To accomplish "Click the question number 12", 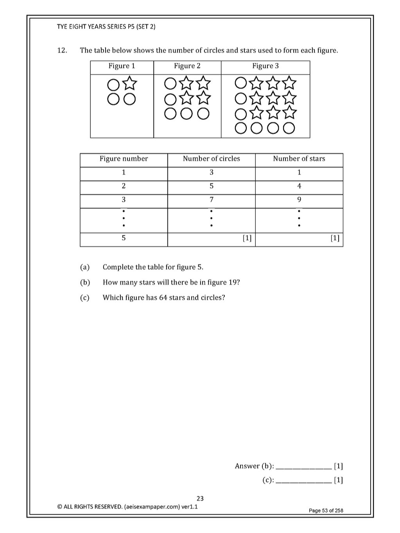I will click(x=62, y=50).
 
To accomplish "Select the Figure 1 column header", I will click(x=122, y=66).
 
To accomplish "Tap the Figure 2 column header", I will click(x=187, y=66).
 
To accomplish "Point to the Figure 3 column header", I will click(x=265, y=66).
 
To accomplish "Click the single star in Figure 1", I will click(x=130, y=84).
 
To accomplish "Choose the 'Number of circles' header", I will click(x=211, y=159).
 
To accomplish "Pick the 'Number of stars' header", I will click(x=299, y=159).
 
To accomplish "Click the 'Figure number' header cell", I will click(x=124, y=159).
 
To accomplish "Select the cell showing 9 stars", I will click(x=299, y=200).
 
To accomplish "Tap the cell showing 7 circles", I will click(x=211, y=200).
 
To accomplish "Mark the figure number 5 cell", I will click(x=124, y=238).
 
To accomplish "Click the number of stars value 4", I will click(x=299, y=186).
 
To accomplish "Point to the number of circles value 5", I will click(x=211, y=186).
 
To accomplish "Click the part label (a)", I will click(x=85, y=267).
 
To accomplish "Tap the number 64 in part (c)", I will click(x=163, y=298).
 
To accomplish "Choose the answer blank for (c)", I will click(x=303, y=480).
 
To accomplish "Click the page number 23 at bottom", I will click(x=200, y=498).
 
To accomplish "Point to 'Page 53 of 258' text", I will click(x=326, y=510).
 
